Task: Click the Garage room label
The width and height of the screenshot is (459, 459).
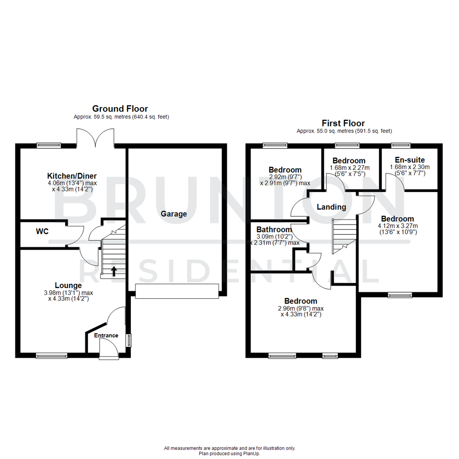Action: (x=173, y=214)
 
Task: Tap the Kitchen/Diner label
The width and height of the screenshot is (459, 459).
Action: (x=72, y=176)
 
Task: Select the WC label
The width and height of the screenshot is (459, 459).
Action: (x=42, y=232)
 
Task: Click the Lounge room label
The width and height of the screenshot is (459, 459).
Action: (x=68, y=285)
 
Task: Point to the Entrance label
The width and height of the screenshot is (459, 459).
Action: (x=106, y=335)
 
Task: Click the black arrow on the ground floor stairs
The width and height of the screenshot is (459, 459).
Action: (x=113, y=271)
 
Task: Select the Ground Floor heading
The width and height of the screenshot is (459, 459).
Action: (x=120, y=109)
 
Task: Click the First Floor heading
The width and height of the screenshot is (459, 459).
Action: (x=344, y=123)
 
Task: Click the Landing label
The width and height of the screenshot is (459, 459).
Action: (x=331, y=207)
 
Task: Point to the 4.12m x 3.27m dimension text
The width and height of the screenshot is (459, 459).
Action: (x=398, y=226)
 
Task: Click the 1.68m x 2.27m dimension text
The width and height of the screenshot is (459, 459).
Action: (x=349, y=167)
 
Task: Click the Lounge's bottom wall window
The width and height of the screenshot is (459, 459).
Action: (x=51, y=355)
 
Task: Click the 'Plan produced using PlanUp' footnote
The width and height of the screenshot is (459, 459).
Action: (x=229, y=453)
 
